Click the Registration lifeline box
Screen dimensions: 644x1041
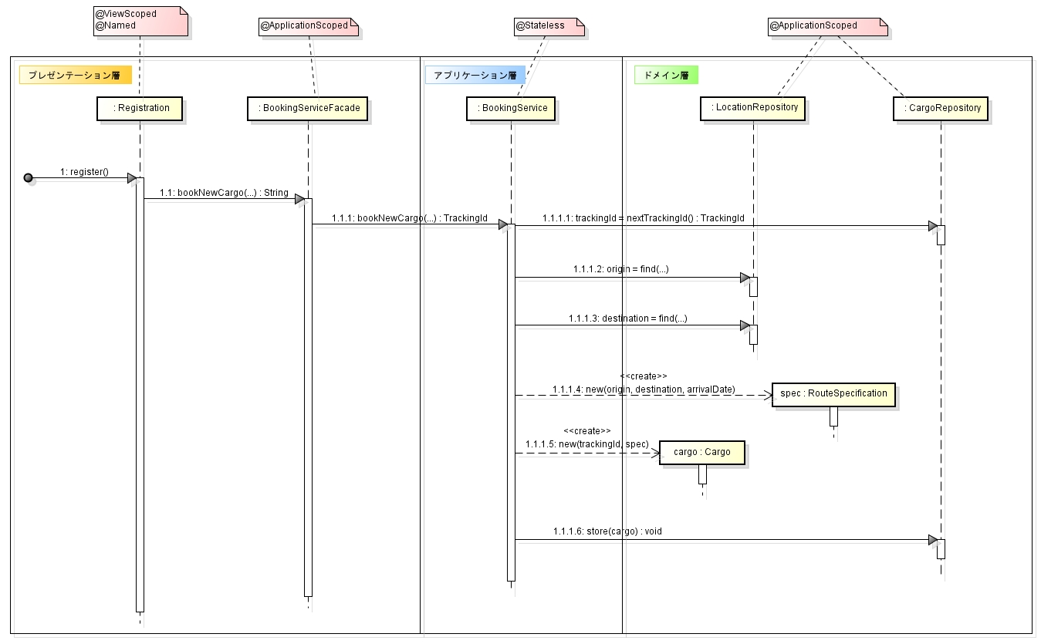(140, 108)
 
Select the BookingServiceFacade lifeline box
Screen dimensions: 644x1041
(308, 108)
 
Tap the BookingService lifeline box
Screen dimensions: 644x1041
(510, 108)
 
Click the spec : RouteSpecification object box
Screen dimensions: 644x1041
(833, 393)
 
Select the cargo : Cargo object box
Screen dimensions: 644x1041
(701, 452)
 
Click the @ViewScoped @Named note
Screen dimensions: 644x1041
(139, 19)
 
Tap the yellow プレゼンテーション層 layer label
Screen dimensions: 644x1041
(75, 75)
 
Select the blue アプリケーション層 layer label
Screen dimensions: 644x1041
(475, 75)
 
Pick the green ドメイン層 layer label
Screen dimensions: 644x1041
(665, 75)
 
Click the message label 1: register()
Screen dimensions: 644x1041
(84, 171)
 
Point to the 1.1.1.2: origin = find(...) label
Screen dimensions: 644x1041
(620, 269)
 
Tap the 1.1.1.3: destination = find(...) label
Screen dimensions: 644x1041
(627, 318)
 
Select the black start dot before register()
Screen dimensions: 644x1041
(29, 178)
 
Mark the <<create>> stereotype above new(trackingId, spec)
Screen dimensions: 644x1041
(586, 430)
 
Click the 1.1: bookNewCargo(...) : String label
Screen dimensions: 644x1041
(224, 192)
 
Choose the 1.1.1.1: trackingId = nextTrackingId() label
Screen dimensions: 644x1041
(643, 218)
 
